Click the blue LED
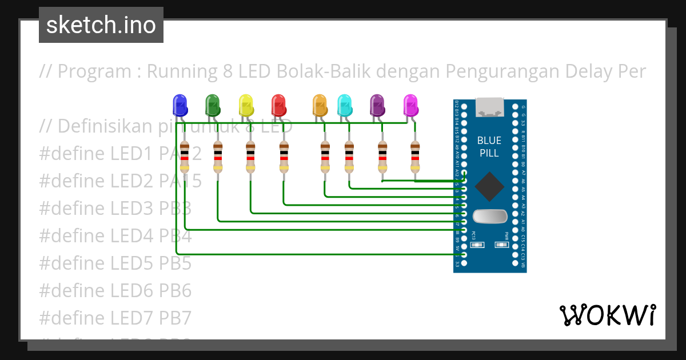[180, 105]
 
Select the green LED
[213, 105]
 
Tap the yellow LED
[246, 105]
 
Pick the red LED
[278, 105]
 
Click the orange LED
[320, 105]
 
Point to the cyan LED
[344, 105]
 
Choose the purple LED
[377, 105]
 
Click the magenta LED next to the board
[410, 105]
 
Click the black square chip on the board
[489, 186]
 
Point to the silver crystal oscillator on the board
[490, 216]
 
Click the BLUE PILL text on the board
[489, 147]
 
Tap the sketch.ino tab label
[101, 25]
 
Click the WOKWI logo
[607, 315]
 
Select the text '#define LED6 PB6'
[115, 290]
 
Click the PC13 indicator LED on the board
[477, 245]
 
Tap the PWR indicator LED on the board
[501, 245]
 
